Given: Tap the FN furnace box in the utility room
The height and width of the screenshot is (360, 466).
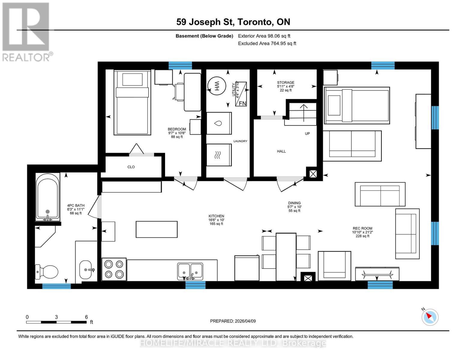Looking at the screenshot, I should click(x=241, y=94).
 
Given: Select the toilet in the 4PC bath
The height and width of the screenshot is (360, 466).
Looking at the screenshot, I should click(x=47, y=271).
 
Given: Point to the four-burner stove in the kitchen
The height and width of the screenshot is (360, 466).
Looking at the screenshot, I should click(x=114, y=269).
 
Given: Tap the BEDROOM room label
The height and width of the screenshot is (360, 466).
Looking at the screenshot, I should click(x=177, y=129).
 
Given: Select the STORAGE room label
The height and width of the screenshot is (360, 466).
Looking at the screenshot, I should click(x=285, y=82).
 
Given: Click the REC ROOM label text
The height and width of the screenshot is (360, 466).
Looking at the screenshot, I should click(x=362, y=228).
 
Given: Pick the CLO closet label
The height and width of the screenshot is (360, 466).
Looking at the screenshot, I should click(x=131, y=167).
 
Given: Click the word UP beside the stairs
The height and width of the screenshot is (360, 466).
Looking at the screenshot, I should click(x=307, y=133).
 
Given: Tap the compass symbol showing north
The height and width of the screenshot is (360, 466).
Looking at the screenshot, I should click(x=430, y=317).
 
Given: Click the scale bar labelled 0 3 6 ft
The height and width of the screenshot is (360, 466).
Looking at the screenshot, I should click(x=56, y=322).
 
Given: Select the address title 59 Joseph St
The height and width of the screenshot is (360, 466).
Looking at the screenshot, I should click(x=233, y=22).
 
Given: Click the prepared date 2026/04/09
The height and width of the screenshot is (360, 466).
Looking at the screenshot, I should click(x=233, y=321).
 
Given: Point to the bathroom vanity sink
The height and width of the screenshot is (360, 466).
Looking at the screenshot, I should click(x=86, y=269).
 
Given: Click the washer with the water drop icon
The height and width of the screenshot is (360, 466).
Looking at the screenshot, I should click(x=219, y=123).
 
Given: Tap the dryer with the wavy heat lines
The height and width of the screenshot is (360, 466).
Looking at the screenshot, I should click(x=219, y=155).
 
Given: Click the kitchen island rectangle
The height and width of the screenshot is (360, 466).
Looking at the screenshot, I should click(x=157, y=229).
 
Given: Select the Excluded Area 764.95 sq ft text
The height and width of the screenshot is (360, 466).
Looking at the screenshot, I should click(x=267, y=43).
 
